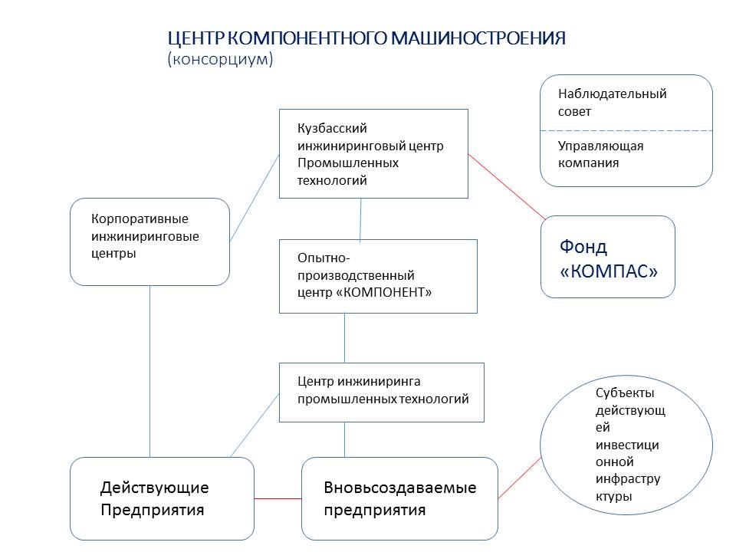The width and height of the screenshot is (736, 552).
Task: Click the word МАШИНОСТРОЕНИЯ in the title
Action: pyautogui.click(x=478, y=38)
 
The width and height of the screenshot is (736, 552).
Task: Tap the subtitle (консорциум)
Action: pyautogui.click(x=220, y=59)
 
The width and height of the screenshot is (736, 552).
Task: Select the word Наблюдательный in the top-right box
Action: pyautogui.click(x=612, y=94)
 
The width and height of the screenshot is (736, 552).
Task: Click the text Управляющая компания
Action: pyautogui.click(x=600, y=154)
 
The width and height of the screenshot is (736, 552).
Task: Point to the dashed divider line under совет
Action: pyautogui.click(x=626, y=130)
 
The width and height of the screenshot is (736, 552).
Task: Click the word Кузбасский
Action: pyautogui.click(x=332, y=128)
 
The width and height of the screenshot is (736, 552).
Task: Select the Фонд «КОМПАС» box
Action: pyautogui.click(x=608, y=257)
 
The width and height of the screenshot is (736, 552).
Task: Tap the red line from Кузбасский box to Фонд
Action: pyautogui.click(x=507, y=187)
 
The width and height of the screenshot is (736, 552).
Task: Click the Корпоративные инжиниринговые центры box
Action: pyautogui.click(x=149, y=242)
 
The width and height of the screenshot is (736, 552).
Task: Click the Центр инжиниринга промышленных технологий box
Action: pyautogui.click(x=382, y=393)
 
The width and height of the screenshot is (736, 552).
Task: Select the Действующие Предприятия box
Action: pyautogui.click(x=162, y=498)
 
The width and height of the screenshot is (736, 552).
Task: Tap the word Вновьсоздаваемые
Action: pyautogui.click(x=400, y=488)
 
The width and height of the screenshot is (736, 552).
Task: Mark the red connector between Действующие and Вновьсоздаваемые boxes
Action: pyautogui.click(x=278, y=498)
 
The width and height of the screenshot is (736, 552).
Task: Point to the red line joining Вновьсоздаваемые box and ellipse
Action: pyautogui.click(x=520, y=478)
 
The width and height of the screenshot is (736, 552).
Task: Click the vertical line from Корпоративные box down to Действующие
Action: pyautogui.click(x=149, y=371)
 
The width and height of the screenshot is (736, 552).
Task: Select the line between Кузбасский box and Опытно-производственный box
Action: pyautogui.click(x=360, y=220)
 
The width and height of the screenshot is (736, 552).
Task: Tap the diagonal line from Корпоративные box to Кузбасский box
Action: pyautogui.click(x=255, y=198)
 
